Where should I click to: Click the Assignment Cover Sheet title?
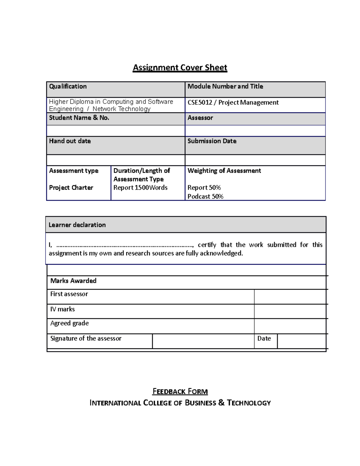point(180,68)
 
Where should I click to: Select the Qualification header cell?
point(68,86)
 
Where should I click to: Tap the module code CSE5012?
point(200,103)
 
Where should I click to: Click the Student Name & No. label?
point(79,118)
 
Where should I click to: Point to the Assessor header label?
point(200,118)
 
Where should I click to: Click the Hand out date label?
point(70,141)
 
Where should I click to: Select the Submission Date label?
point(212,141)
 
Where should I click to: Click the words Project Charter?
point(71,188)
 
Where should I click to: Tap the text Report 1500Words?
point(140,188)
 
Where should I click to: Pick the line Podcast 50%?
point(205,197)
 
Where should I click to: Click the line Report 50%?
point(204,188)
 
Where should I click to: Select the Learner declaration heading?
point(77,225)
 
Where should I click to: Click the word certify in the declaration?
point(207,245)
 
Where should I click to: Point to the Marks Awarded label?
point(73,281)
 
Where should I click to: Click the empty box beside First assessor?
point(290,296)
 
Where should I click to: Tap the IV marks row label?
point(62,309)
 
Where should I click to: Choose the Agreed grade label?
point(69,323)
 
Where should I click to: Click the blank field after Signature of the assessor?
point(203,341)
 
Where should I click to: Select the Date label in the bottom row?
point(264,338)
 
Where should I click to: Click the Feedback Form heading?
point(180,391)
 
